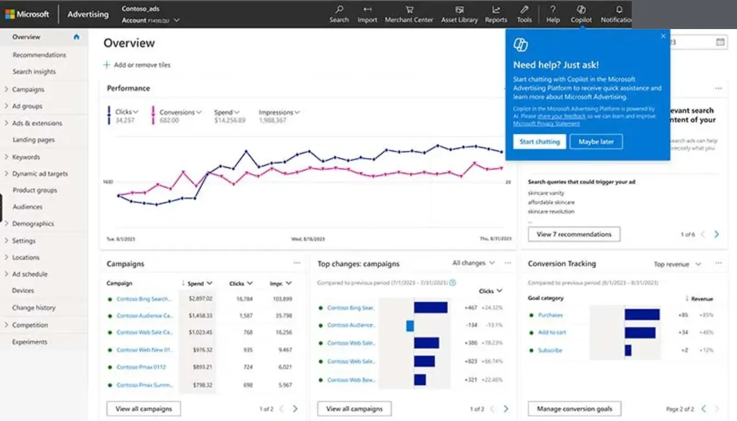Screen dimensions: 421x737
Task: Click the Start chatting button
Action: (540, 141)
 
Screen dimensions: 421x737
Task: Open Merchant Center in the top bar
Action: (409, 14)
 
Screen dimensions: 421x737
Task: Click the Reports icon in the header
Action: (496, 14)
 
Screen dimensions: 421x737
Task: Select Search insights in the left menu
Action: (34, 72)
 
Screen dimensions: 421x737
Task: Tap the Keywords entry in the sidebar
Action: (26, 157)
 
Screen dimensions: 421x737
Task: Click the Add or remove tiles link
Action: (142, 65)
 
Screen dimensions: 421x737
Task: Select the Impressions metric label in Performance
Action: (279, 112)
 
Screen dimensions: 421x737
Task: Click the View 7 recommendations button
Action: (574, 234)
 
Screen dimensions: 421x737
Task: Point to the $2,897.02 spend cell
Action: (200, 299)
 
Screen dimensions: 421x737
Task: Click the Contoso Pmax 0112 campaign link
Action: (141, 367)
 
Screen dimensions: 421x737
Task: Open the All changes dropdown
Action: (473, 263)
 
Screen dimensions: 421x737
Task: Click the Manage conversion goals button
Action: (574, 409)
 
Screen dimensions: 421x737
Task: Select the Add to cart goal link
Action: (552, 333)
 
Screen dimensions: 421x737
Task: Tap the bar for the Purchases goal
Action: (642, 315)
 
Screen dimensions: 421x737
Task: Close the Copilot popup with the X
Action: (663, 36)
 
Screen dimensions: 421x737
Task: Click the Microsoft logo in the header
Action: (27, 14)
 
